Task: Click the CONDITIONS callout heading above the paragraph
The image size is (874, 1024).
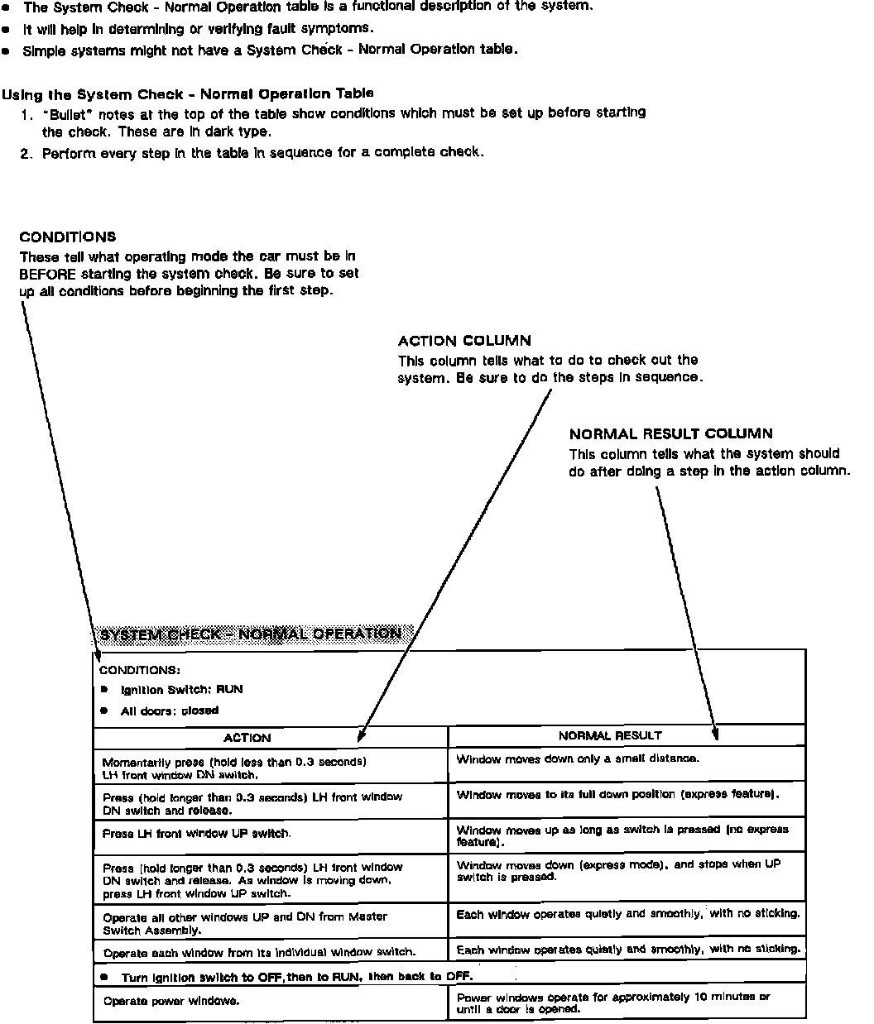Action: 68,237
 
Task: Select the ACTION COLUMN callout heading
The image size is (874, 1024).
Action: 464,341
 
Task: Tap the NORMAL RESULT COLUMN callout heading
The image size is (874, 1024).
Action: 670,433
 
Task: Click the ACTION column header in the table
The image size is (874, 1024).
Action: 247,738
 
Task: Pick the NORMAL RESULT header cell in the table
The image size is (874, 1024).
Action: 610,735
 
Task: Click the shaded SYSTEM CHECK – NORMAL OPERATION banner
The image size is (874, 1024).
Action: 250,634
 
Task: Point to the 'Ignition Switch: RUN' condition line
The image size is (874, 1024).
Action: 181,690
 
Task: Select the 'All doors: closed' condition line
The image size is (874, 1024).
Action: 169,711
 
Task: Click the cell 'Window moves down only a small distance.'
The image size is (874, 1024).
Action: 578,758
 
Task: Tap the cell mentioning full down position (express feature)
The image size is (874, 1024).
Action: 617,795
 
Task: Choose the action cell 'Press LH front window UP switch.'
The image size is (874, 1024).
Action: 196,834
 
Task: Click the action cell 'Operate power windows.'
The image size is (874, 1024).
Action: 171,1001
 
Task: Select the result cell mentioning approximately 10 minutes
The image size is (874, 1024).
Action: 612,1002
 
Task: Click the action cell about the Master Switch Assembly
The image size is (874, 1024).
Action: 244,923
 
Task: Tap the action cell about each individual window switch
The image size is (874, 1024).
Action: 259,952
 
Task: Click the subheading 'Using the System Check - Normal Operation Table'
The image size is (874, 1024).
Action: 188,93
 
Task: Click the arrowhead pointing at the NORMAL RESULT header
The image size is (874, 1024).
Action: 716,733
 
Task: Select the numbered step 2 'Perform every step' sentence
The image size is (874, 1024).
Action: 262,153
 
